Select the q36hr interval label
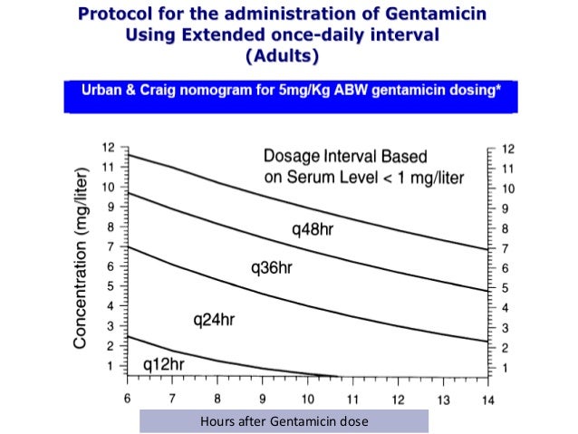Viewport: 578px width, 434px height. pos(272,268)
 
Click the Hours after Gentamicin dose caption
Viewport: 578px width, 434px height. pos(284,420)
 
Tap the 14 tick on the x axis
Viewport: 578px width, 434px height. pos(486,399)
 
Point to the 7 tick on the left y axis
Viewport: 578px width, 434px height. pos(111,246)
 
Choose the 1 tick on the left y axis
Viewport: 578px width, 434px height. pos(111,366)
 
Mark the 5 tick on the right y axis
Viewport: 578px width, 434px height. pos(504,287)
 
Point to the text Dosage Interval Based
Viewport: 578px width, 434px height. pos(344,155)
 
